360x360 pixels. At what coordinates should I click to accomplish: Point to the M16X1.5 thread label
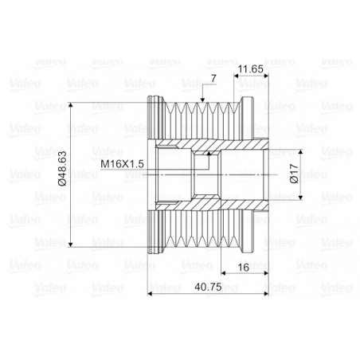click(122, 165)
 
